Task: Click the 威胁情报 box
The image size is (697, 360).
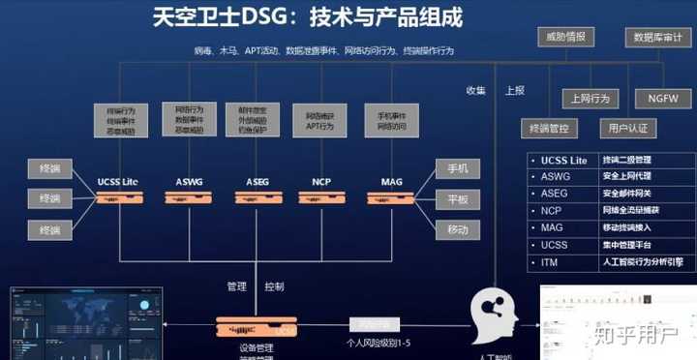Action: coord(565,38)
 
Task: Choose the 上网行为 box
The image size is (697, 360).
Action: coord(591,98)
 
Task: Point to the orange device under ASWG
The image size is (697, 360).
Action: coord(189,197)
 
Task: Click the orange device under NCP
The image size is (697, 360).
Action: coord(321,197)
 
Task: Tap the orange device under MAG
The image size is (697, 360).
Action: coord(391,197)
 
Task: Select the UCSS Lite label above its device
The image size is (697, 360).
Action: coord(119,182)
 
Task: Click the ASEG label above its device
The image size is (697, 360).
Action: coord(258,182)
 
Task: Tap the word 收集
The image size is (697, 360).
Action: coord(475,90)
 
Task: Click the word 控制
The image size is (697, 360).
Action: coord(274,286)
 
